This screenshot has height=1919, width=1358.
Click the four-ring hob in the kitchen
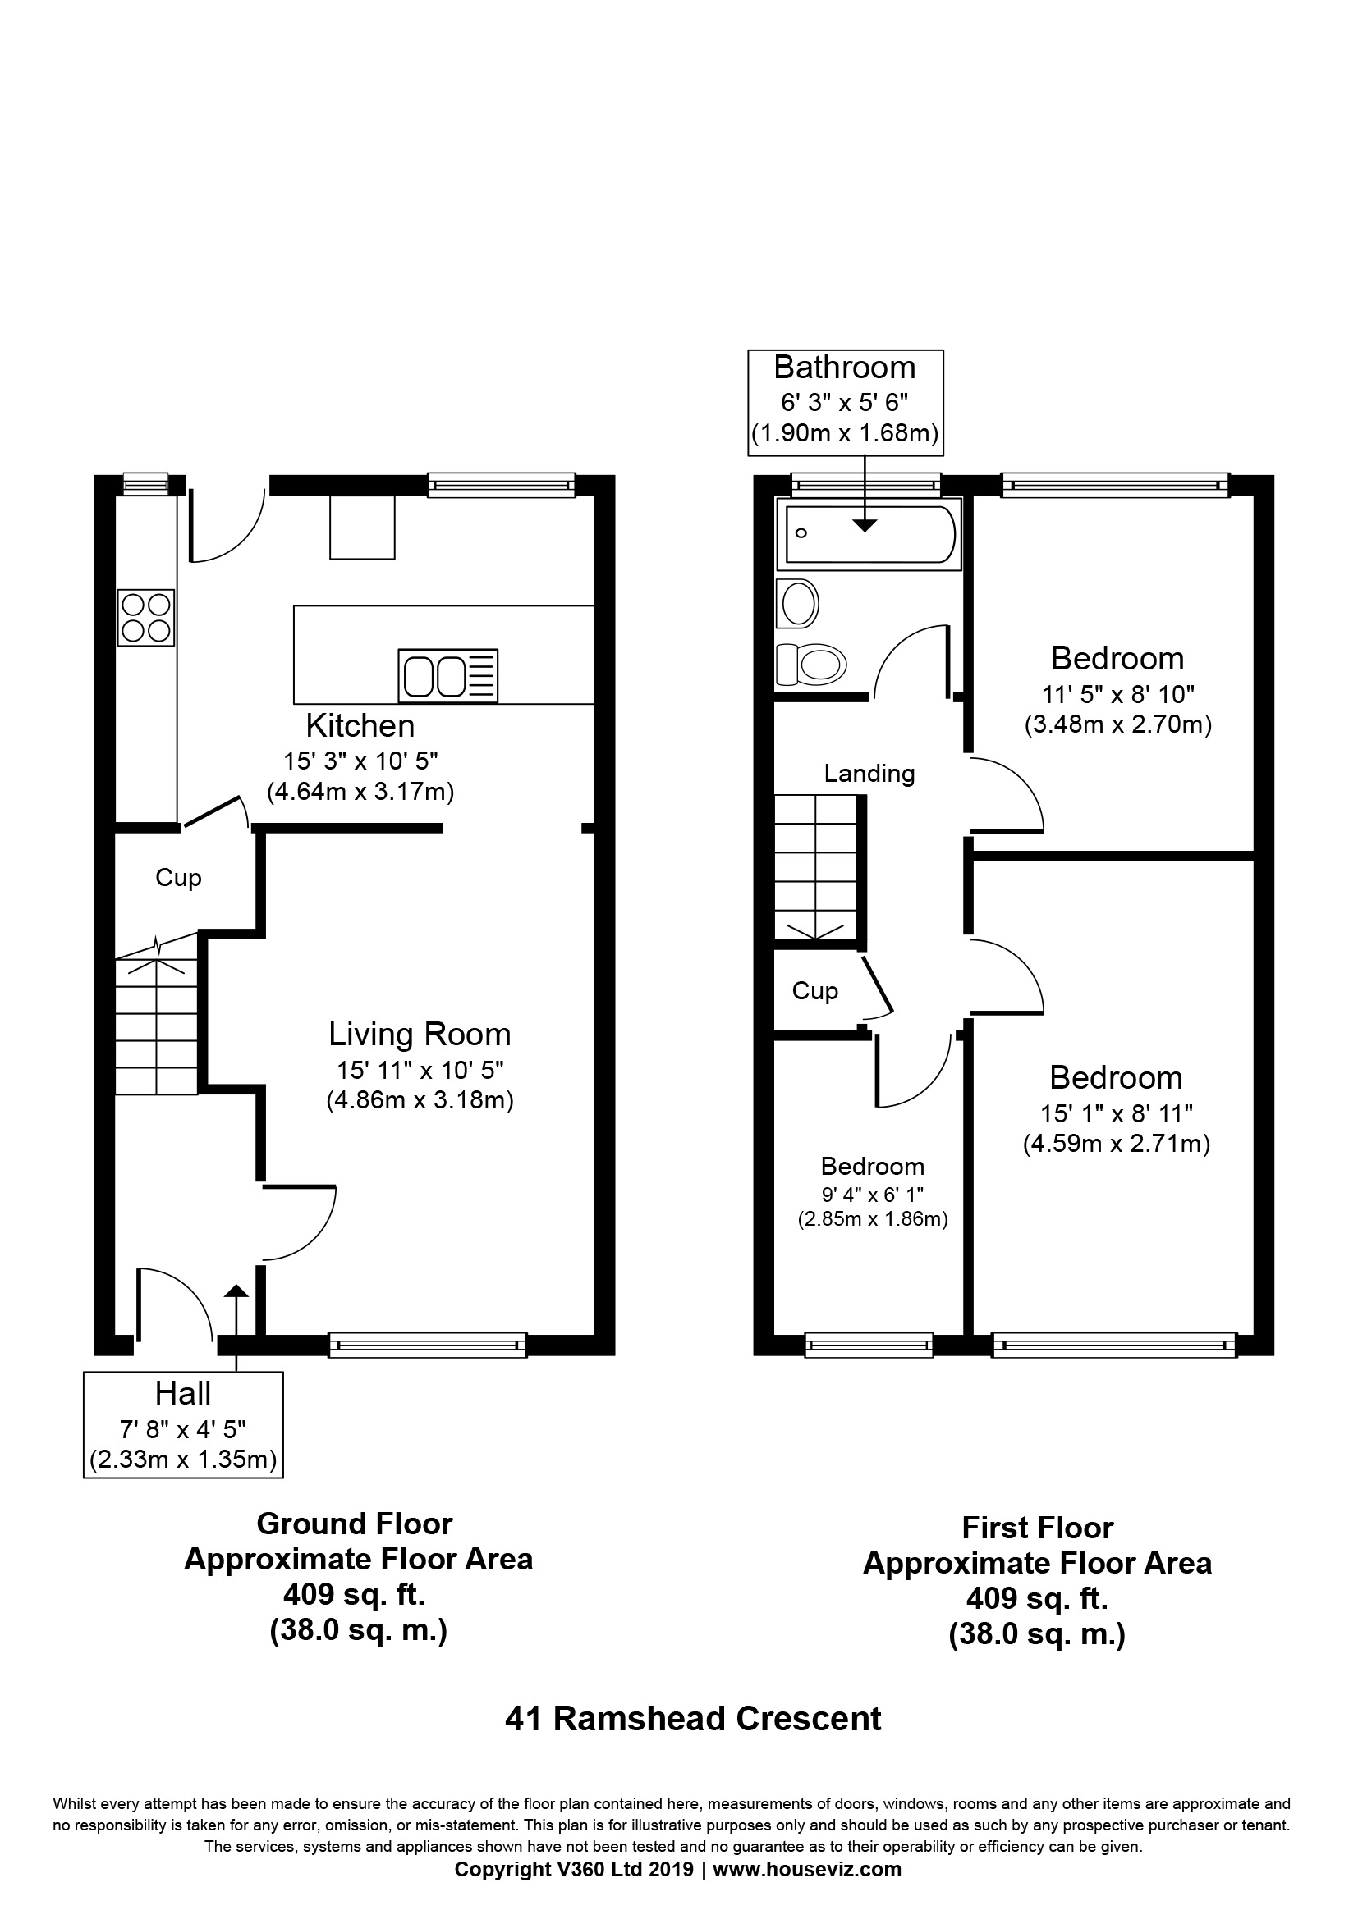(146, 618)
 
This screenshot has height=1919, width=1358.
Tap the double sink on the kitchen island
(448, 675)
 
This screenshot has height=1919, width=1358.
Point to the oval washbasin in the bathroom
(797, 603)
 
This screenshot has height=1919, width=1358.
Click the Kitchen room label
(360, 725)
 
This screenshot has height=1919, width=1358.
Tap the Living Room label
(420, 1034)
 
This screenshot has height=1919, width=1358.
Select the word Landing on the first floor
(869, 773)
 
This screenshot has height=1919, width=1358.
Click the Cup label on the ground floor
(179, 878)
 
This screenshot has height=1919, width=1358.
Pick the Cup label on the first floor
(815, 990)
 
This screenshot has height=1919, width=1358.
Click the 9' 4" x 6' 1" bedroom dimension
(872, 1195)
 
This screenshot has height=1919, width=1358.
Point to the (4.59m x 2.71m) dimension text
(1117, 1144)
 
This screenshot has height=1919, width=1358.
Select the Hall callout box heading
(183, 1393)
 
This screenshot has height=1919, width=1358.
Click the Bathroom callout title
(845, 367)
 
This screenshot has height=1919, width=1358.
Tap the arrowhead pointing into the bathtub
(865, 525)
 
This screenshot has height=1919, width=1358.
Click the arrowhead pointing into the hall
(236, 1291)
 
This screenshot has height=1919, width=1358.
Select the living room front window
(428, 1345)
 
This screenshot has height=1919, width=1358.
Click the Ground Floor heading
(355, 1524)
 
